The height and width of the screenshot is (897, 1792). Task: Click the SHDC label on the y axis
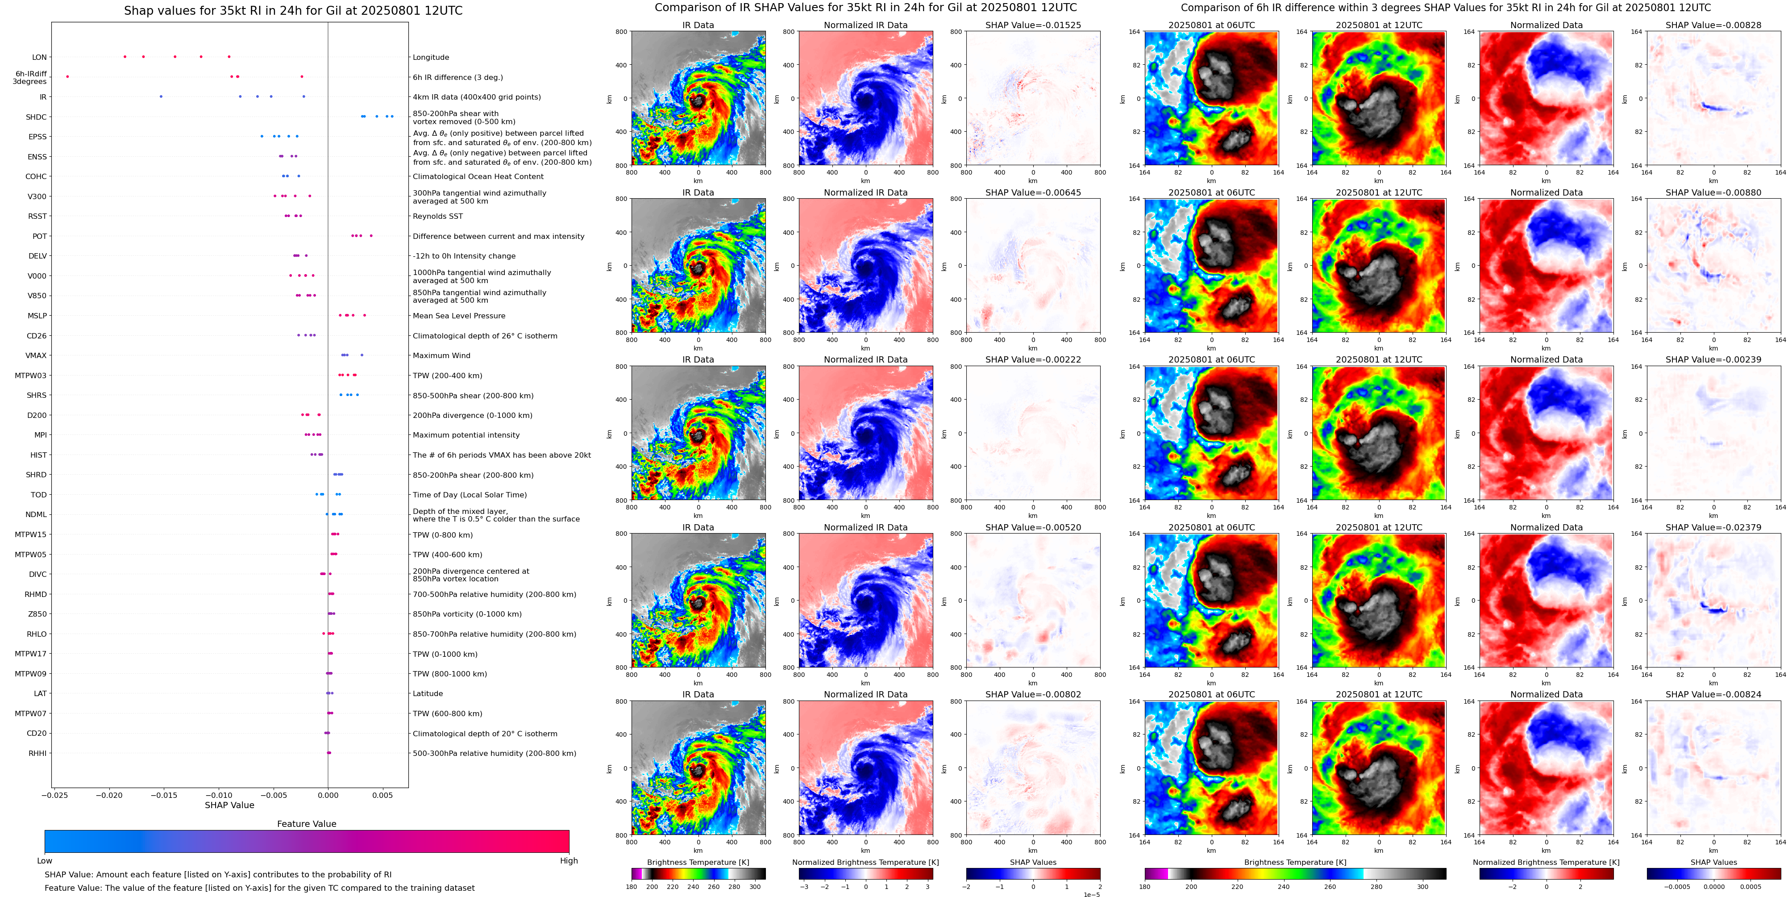coord(36,117)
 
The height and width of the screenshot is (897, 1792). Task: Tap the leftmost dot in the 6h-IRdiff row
coord(67,76)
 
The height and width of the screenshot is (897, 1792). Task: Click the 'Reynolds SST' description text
coord(437,217)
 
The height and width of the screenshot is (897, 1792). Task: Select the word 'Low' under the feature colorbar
coord(45,861)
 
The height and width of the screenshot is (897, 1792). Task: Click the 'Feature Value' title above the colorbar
coord(306,824)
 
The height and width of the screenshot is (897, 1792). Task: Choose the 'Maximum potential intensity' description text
coord(466,435)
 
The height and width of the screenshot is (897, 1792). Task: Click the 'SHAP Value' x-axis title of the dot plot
coord(229,805)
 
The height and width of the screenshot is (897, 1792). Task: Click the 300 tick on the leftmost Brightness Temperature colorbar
coord(755,887)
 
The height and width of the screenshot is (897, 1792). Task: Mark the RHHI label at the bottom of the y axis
coord(37,753)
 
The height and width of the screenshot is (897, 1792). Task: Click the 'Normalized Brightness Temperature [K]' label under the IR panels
coord(865,862)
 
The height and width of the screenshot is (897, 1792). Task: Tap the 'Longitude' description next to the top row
coord(431,57)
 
